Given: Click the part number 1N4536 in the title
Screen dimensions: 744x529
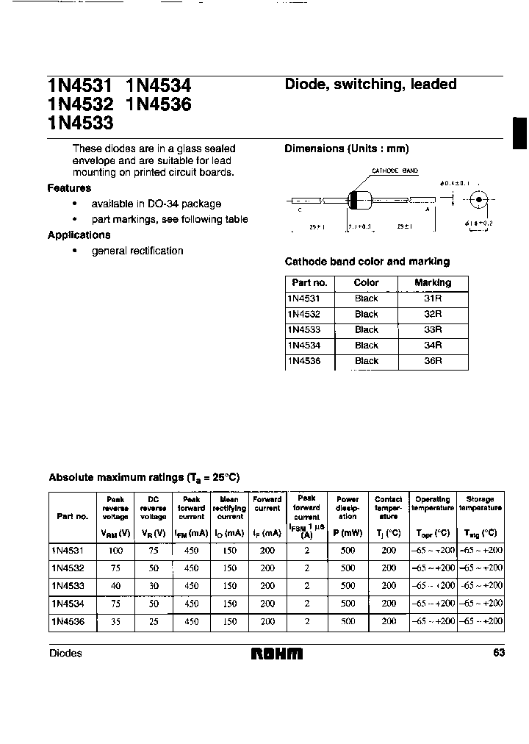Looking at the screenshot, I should pos(159,105).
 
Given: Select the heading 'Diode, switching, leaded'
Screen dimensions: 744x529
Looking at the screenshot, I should pos(370,85).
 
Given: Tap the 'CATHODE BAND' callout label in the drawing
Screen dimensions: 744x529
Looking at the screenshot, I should pos(395,171).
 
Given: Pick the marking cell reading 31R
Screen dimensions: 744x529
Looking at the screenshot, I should pos(433,298).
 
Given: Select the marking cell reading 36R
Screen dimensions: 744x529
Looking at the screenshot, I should pos(433,361).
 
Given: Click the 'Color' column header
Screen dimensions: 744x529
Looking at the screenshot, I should pos(366,283).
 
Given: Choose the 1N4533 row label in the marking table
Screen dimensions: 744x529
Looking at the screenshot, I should pos(303,330).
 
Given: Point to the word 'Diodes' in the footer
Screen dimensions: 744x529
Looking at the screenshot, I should pos(65,654).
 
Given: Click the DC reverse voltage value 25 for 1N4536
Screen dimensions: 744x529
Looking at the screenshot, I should pos(154,621).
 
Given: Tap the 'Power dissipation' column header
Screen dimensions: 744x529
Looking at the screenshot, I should pos(348,508).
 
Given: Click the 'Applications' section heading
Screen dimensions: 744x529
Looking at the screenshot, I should pos(79,235).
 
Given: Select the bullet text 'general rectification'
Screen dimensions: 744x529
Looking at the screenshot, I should pos(137,251).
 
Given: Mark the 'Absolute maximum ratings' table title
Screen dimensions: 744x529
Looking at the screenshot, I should pos(144,478).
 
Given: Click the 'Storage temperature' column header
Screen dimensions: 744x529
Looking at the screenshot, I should pos(481,504).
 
